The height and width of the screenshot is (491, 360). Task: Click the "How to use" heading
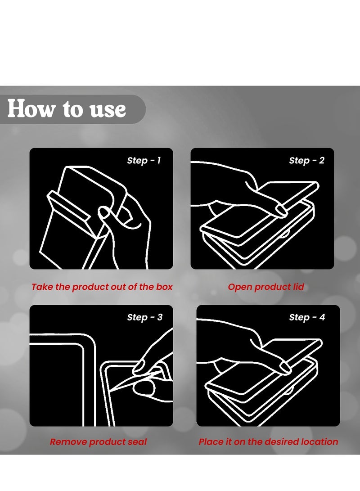pos(66,108)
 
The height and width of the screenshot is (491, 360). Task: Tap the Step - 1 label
pos(144,160)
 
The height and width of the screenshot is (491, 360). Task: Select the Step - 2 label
pos(306,160)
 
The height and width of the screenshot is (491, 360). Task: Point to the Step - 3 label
pos(144,317)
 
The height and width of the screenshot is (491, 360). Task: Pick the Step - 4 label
pos(307,317)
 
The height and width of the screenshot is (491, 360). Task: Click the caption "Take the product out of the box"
pos(102,287)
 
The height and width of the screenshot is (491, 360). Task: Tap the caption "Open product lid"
pos(266,287)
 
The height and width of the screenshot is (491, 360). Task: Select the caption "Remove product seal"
pos(98,442)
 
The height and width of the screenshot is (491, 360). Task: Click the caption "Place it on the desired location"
pos(268,442)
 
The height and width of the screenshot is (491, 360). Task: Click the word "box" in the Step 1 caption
pos(164,287)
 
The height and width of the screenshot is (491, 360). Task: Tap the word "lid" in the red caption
pos(298,287)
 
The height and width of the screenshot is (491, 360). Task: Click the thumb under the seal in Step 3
pos(144,388)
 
